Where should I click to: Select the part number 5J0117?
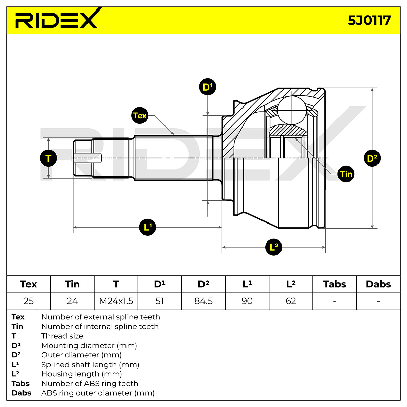click(369, 20)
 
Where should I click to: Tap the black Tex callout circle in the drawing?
click(140, 115)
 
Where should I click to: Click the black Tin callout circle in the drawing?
click(346, 174)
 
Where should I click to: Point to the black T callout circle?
click(49, 158)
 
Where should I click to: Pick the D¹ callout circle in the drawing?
click(208, 87)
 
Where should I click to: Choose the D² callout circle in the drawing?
click(372, 158)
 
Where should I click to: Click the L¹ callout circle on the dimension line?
click(148, 227)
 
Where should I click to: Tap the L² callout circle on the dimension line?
click(273, 247)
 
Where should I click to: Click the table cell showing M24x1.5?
click(116, 301)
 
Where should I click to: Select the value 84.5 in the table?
click(203, 301)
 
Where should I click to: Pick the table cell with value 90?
click(247, 301)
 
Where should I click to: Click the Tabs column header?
click(334, 284)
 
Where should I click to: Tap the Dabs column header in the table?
click(378, 284)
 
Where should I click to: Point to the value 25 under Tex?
click(28, 301)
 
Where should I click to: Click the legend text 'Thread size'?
click(62, 336)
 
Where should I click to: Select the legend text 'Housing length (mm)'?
click(82, 374)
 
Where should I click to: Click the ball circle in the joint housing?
click(292, 110)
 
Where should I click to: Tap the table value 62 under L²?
click(291, 301)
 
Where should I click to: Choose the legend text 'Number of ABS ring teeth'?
click(90, 383)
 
